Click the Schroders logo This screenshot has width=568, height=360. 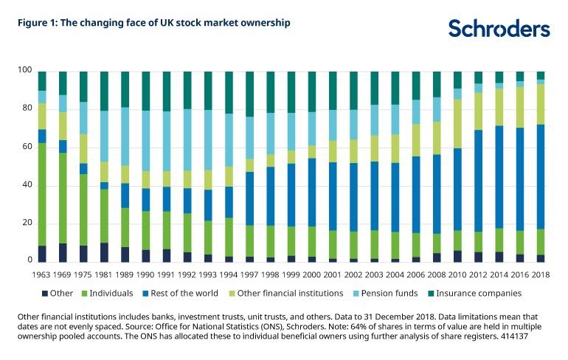pos(499,29)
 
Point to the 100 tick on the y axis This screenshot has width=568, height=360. pos(25,70)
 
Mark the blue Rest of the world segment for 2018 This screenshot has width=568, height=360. pos(541,177)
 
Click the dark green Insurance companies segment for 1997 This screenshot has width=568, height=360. pos(250,94)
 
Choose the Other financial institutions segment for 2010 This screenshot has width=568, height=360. pos(457,123)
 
